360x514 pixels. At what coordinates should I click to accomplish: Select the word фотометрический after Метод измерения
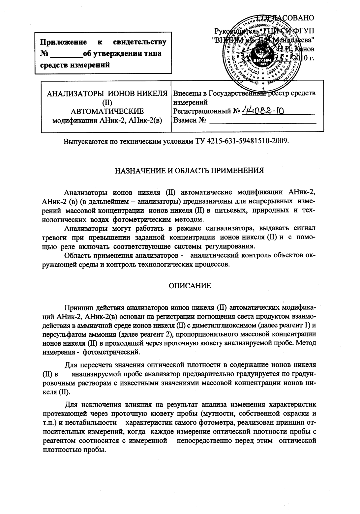pyautogui.click(x=111, y=352)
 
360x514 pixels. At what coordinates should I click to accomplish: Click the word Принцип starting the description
pyautogui.click(x=78, y=308)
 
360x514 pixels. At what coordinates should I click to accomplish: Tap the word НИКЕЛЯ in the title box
pyautogui.click(x=152, y=94)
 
